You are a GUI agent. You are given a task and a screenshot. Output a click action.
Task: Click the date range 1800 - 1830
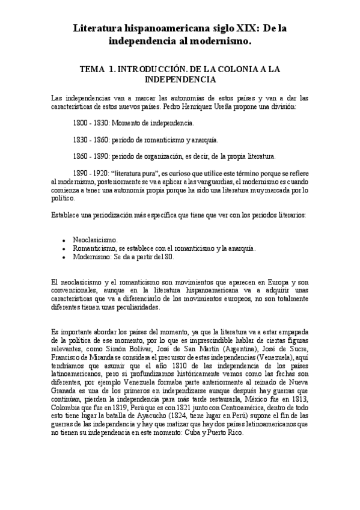pyautogui.click(x=88, y=123)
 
